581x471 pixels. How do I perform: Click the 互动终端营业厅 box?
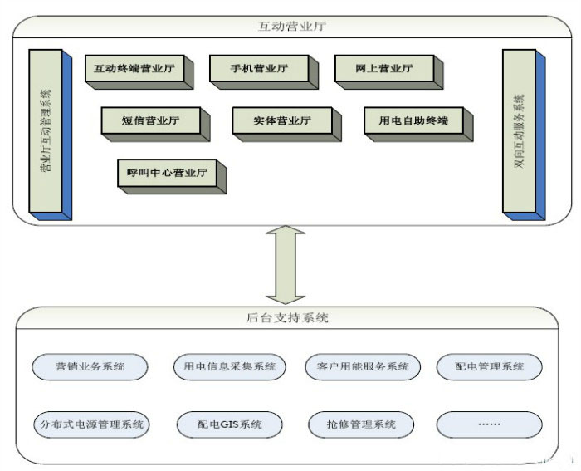[x=134, y=69]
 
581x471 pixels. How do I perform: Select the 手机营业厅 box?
[x=259, y=69]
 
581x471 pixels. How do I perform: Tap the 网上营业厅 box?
[x=384, y=69]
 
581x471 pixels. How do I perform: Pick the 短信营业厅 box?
[x=150, y=120]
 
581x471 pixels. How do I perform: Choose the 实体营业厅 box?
[x=282, y=120]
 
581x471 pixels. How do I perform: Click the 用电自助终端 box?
[x=413, y=120]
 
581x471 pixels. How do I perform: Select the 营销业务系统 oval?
[x=90, y=366]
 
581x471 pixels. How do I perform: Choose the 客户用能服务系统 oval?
[x=358, y=366]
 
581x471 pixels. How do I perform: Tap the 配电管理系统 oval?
[x=489, y=366]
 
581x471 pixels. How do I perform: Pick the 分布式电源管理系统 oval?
[x=90, y=424]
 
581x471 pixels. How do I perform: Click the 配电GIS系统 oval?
[x=229, y=424]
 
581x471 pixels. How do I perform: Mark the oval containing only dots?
[x=489, y=424]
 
